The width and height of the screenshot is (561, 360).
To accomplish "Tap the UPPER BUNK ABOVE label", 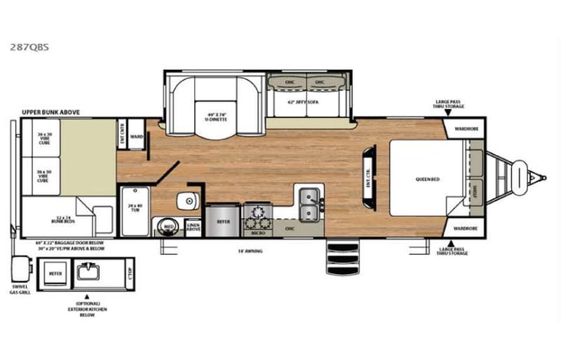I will (x=51, y=112).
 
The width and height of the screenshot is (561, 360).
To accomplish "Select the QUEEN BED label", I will (x=425, y=180).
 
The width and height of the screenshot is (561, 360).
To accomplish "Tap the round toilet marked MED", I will (x=167, y=227).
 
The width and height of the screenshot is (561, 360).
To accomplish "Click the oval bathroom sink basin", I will (x=186, y=202).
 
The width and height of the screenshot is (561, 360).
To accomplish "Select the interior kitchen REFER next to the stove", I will (x=223, y=221).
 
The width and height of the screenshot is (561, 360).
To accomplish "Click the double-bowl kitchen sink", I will (x=310, y=203).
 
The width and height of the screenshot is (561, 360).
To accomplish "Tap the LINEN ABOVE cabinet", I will (x=193, y=226).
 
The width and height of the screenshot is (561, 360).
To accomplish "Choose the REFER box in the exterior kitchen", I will (x=55, y=272).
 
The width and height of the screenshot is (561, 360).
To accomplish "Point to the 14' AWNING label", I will (x=248, y=251).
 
